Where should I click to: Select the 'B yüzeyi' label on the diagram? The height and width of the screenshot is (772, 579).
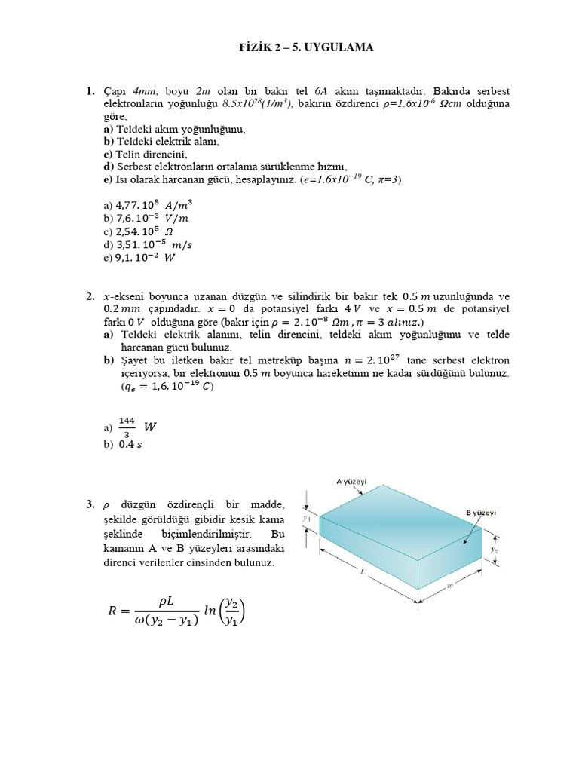click(x=480, y=513)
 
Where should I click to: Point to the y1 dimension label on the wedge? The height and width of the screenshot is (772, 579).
click(x=307, y=519)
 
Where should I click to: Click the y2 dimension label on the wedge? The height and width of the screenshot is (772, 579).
click(x=494, y=550)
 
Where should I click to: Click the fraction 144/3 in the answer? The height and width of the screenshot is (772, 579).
click(x=126, y=427)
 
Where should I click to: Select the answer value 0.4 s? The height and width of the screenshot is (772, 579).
click(x=134, y=445)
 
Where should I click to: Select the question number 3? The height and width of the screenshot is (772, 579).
click(x=90, y=504)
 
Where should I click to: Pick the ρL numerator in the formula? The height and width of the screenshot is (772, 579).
click(x=167, y=600)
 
